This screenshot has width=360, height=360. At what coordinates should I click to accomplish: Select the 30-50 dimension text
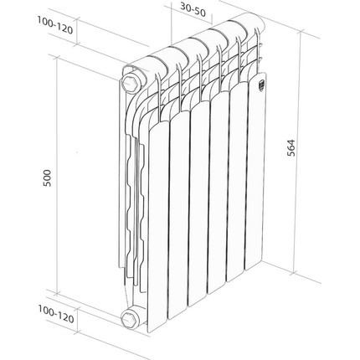[195, 11]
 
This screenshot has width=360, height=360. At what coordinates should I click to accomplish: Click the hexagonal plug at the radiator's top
[132, 84]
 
